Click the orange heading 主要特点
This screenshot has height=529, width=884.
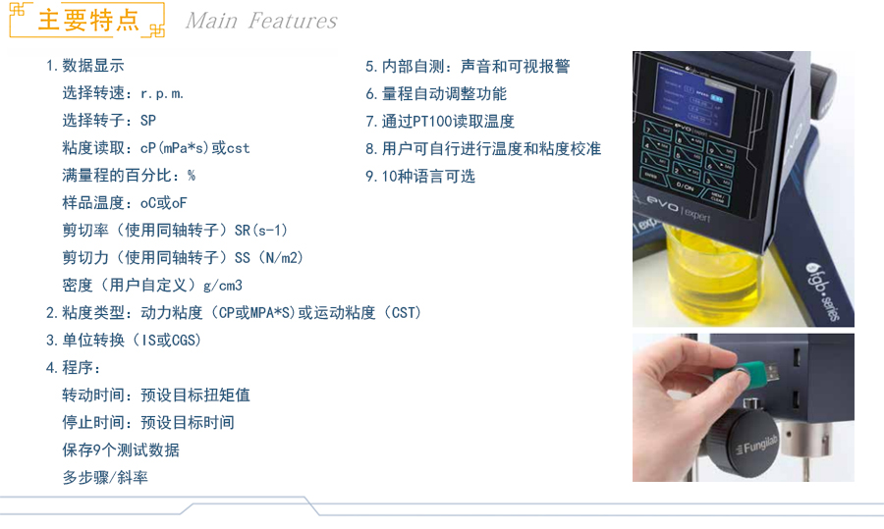tap(88, 21)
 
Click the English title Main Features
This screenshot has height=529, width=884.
tap(261, 21)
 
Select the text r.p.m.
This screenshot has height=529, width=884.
tap(162, 93)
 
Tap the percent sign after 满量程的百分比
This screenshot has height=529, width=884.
tap(192, 176)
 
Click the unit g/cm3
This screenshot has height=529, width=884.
tap(223, 286)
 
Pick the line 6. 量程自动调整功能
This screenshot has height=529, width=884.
tap(436, 93)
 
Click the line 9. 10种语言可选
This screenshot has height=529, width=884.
tap(420, 177)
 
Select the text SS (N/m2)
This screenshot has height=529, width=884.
tap(269, 258)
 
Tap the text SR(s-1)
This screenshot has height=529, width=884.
tap(261, 231)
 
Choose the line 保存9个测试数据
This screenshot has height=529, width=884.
tap(121, 450)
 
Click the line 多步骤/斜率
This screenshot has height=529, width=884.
tap(105, 478)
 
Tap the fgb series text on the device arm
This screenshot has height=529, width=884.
tap(822, 291)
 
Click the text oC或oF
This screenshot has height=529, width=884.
tap(163, 203)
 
